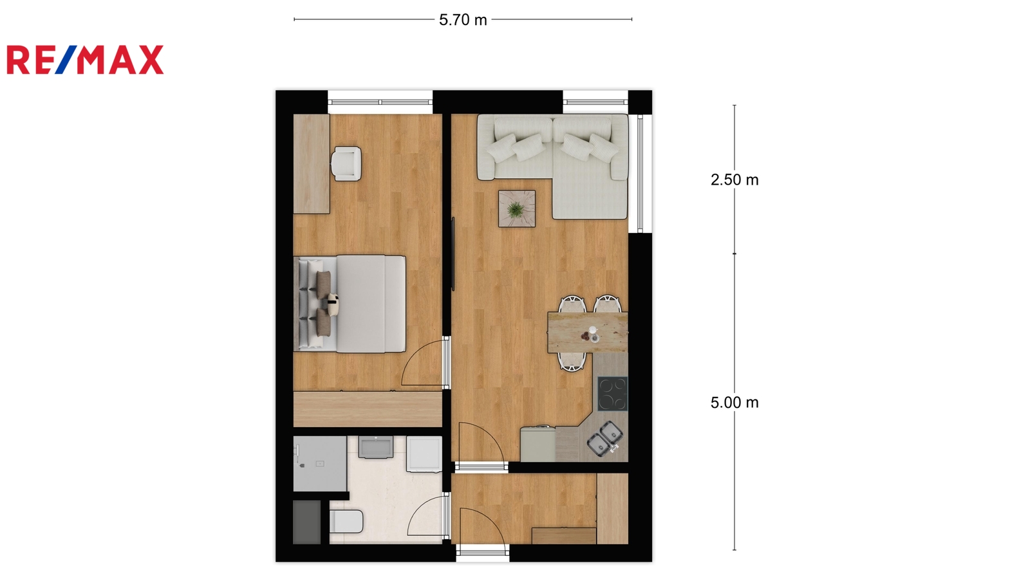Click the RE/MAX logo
pyautogui.click(x=85, y=60)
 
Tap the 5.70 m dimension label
pyautogui.click(x=463, y=20)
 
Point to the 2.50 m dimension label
pyautogui.click(x=735, y=179)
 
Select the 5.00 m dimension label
pyautogui.click(x=735, y=403)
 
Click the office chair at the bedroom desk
pyautogui.click(x=346, y=163)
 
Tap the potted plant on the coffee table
pyautogui.click(x=516, y=210)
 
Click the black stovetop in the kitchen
pyautogui.click(x=612, y=394)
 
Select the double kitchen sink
pyautogui.click(x=605, y=438)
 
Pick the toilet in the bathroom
pyautogui.click(x=346, y=521)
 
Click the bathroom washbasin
pyautogui.click(x=376, y=447)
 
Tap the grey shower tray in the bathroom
pyautogui.click(x=320, y=464)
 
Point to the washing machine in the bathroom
pyautogui.click(x=424, y=454)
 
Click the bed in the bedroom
pyautogui.click(x=350, y=304)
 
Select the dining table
pyautogui.click(x=588, y=332)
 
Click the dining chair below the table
pyautogui.click(x=572, y=362)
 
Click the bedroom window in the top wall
pyautogui.click(x=380, y=102)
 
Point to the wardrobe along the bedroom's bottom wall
pyautogui.click(x=368, y=409)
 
